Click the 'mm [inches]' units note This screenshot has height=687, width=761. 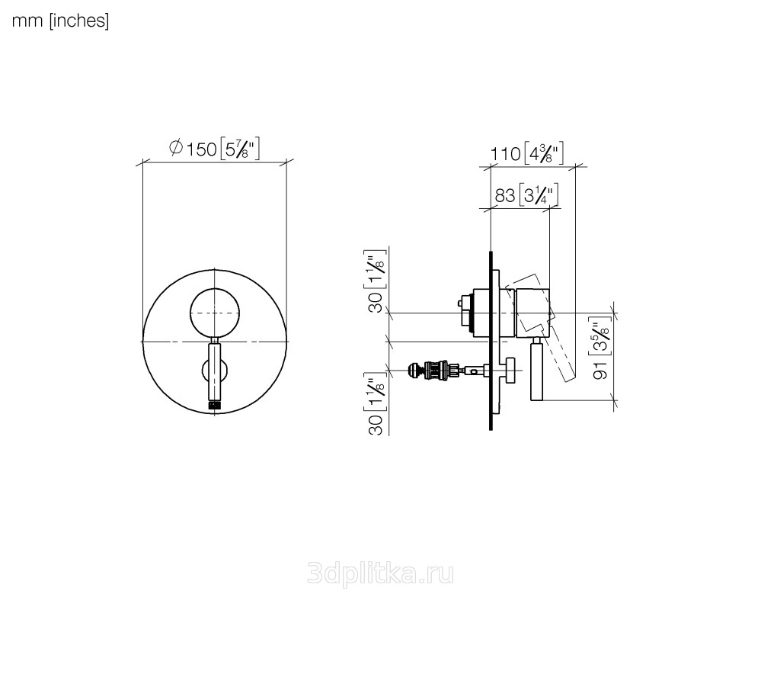pos(60,21)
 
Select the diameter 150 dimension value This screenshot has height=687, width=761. pos(201,149)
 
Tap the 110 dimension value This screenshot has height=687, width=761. pos(505,154)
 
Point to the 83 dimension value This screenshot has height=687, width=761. pos(505,195)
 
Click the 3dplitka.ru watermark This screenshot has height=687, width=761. pos(381,574)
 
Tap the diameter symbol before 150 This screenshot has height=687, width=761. pos(176,147)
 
